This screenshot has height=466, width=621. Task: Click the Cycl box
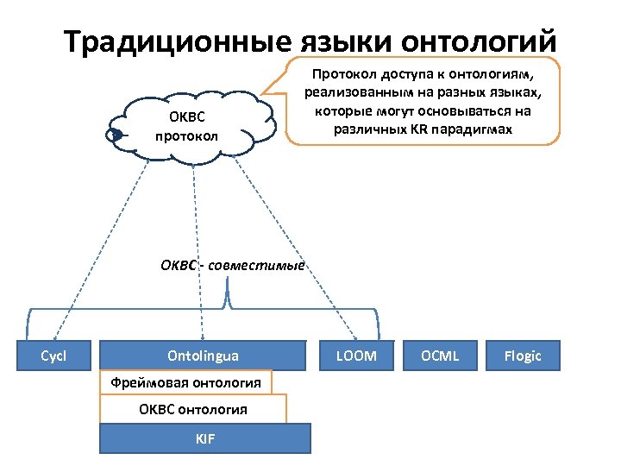click(x=54, y=356)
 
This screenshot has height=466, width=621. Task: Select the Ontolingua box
click(x=204, y=356)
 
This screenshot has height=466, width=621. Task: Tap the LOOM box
click(x=356, y=356)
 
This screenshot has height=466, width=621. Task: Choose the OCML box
click(x=440, y=356)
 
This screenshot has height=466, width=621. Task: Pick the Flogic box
click(x=523, y=356)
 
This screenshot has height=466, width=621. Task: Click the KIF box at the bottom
click(x=205, y=438)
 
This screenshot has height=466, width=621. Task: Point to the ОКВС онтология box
click(x=193, y=409)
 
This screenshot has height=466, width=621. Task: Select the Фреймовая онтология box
click(x=185, y=381)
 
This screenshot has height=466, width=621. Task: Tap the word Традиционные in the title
click(x=177, y=41)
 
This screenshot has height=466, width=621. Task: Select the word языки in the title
click(x=337, y=41)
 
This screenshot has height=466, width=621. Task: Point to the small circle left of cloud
click(x=112, y=135)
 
